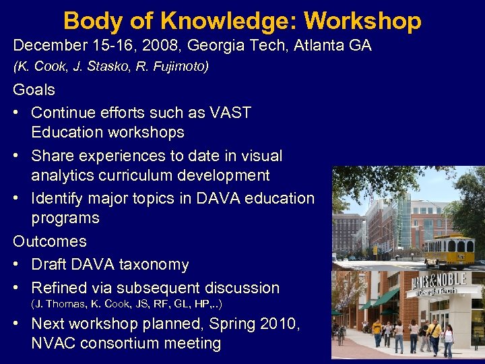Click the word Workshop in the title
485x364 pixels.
[x=362, y=21]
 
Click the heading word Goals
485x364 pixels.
[x=34, y=90]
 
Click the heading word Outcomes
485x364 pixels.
[x=50, y=241]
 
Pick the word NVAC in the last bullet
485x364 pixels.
[x=53, y=343]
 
